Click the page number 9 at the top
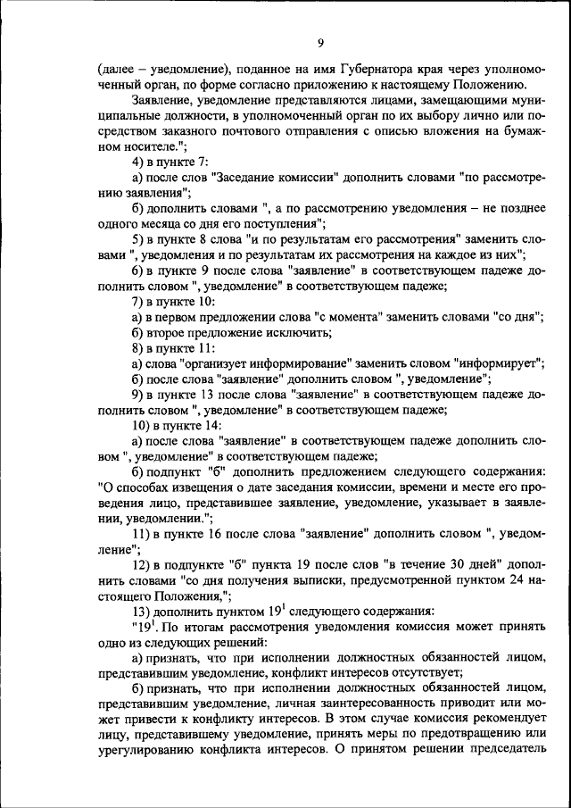tap(319, 44)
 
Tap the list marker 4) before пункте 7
tap(138, 162)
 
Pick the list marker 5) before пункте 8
tap(138, 239)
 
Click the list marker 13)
tap(142, 612)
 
